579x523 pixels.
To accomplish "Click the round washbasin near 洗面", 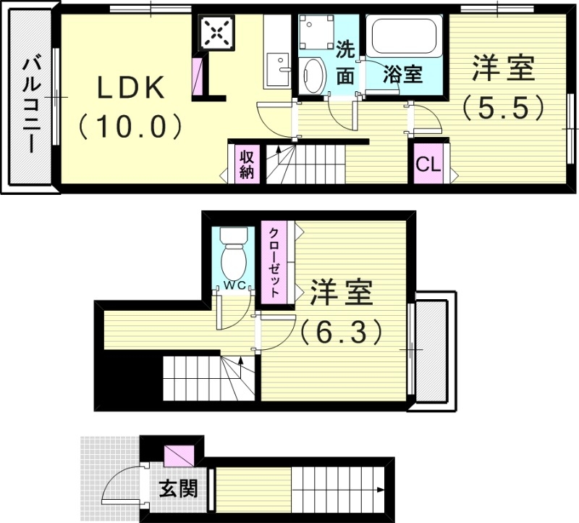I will coord(313,75).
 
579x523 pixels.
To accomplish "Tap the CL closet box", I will coord(428,165).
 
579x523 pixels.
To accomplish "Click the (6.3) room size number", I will coord(341,331).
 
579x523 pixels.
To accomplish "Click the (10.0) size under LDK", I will coord(131,127).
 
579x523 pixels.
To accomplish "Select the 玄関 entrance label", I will coord(178,489).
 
